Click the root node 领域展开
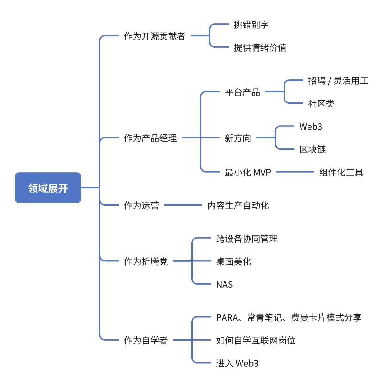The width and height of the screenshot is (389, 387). coord(48,188)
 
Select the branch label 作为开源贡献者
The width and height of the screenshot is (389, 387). coord(154,36)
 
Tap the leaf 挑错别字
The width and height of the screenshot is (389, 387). coord(251,25)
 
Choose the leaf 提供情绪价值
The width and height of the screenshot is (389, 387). coord(260,48)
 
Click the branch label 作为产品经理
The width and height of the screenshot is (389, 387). coord(150,138)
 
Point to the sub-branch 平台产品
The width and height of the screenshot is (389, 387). coord(242,92)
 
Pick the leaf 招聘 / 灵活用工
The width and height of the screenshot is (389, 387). coord(338,81)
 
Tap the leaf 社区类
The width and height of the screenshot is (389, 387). coord(321,104)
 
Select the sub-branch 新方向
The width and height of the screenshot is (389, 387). coord(238,138)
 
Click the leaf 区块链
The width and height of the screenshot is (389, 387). coord(312,150)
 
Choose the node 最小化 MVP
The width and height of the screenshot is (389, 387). coord(248,173)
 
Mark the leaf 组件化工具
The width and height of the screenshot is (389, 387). coord(341,173)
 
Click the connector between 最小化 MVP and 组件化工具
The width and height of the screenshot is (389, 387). coord(295,172)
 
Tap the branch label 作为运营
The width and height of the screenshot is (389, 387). coord(141,206)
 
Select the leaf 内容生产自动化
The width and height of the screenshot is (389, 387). coord(238,206)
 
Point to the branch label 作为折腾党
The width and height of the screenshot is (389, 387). coord(146,261)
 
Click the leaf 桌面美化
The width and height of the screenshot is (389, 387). coord(233,261)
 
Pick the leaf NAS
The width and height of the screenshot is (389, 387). coord(224,285)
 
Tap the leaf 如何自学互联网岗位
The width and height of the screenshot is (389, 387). coord(255,341)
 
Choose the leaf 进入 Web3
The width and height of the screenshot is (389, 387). coord(237,364)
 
